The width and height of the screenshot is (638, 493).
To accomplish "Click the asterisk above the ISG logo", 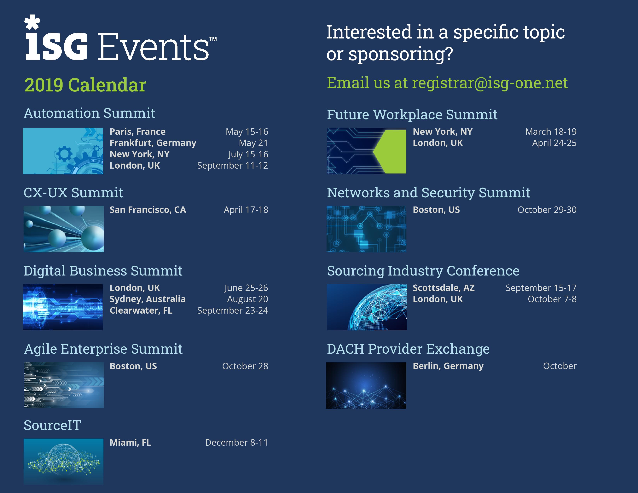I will click(x=32, y=22).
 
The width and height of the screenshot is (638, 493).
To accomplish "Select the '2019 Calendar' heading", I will click(x=85, y=85).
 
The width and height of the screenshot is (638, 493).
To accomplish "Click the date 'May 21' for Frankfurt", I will click(x=253, y=143).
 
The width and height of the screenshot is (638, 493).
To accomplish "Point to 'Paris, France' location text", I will click(x=137, y=132).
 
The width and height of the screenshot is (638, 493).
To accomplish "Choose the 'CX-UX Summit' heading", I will click(x=73, y=193).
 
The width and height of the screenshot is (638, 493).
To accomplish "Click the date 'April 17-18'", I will click(x=246, y=210).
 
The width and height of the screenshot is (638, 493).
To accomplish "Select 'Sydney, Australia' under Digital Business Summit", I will click(x=147, y=299).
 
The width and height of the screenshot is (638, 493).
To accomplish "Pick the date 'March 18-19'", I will click(x=551, y=132).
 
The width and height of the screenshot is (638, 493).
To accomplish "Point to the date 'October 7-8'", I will click(x=552, y=299).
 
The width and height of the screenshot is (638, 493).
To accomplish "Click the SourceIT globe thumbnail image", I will click(x=63, y=461).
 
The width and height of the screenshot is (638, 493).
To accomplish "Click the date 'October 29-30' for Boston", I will click(x=547, y=210).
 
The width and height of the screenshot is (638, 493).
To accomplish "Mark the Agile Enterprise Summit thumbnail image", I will click(x=64, y=385).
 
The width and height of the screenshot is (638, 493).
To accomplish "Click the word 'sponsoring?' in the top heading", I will click(x=401, y=54).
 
